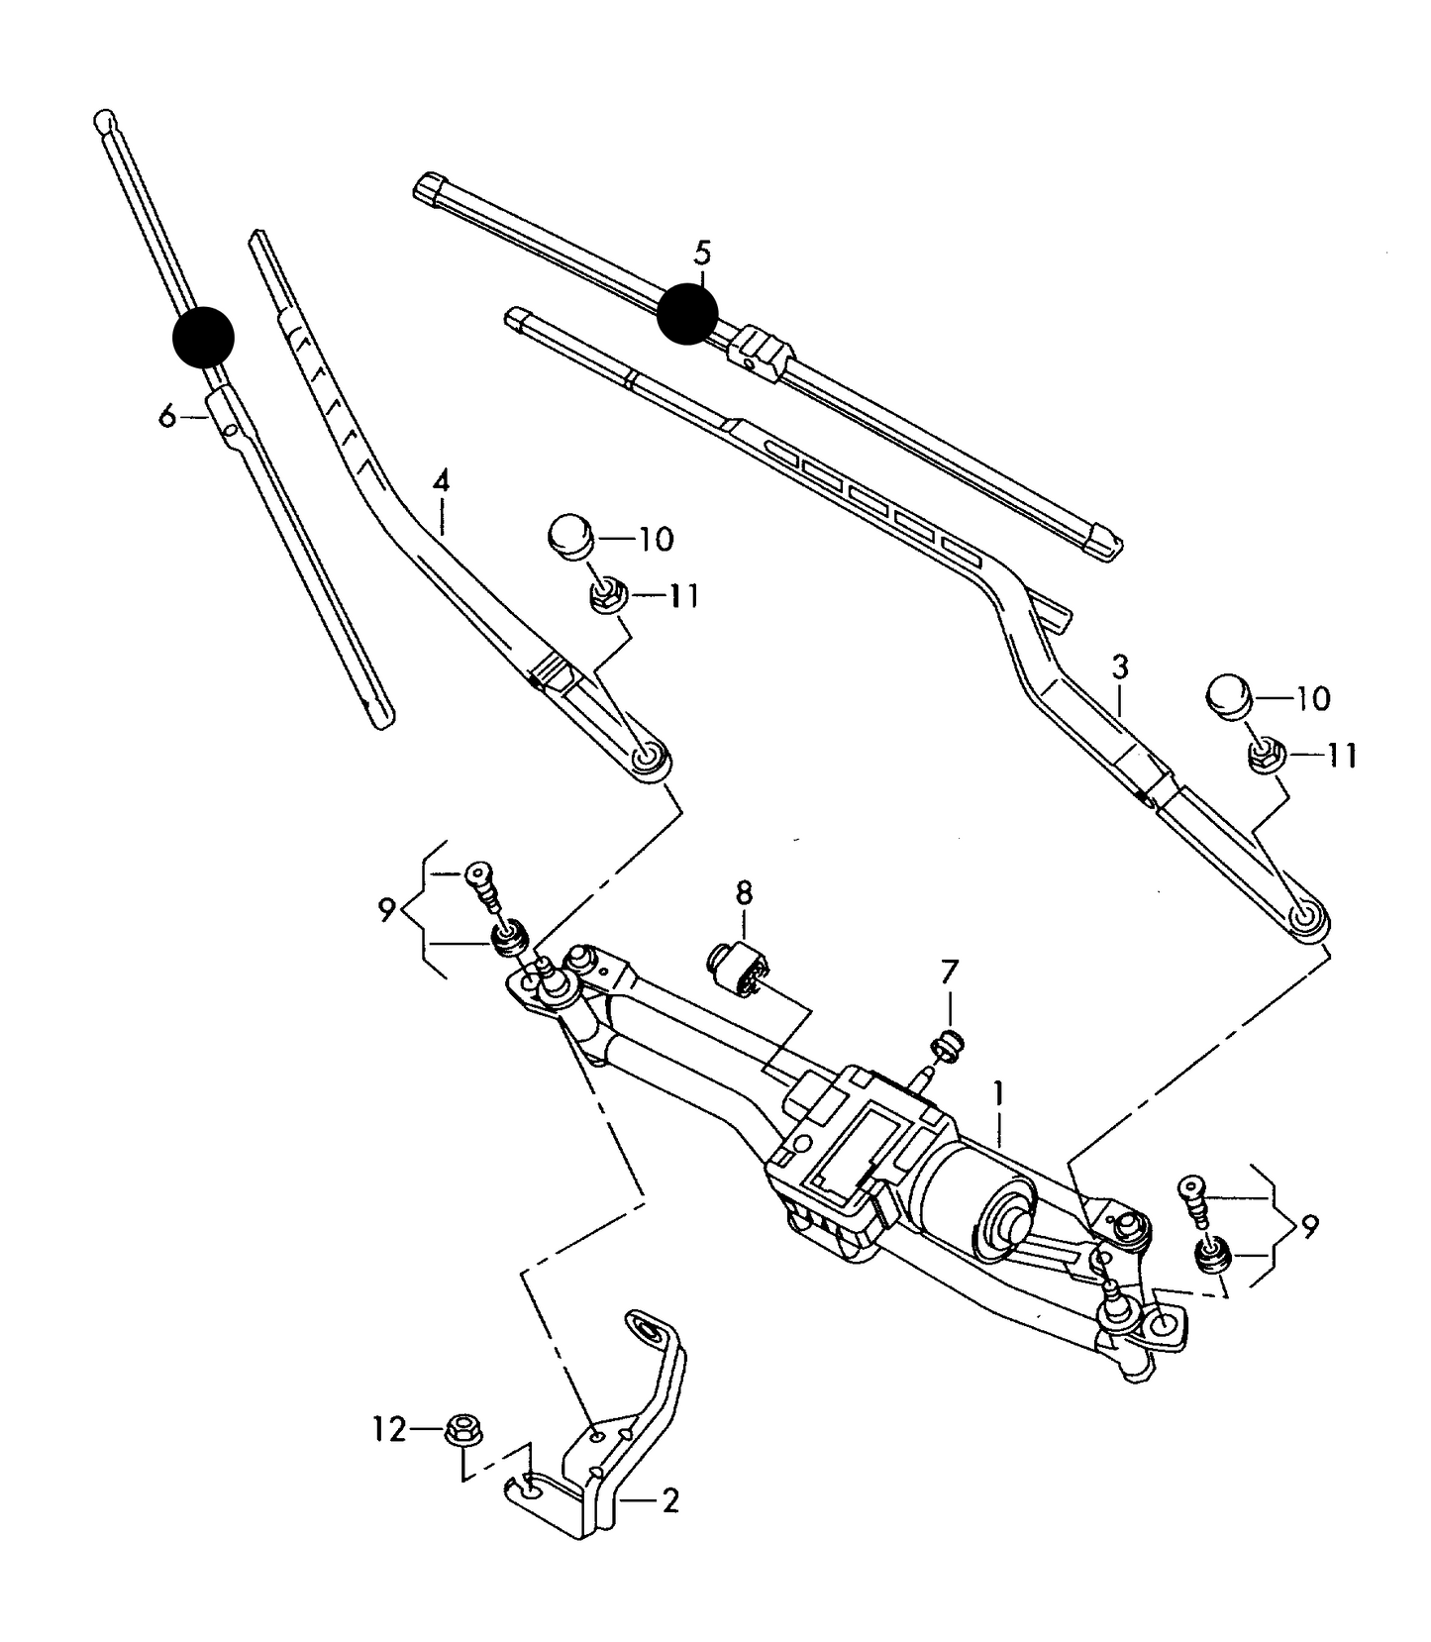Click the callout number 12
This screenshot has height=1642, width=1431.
pos(389,1429)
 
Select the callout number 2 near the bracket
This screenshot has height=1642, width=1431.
pos(669,1501)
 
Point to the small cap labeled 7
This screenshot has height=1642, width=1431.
pos(949,1044)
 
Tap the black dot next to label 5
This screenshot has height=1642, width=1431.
pos(686,314)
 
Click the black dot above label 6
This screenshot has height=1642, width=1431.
pos(203,337)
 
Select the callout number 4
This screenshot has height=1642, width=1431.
pos(441,482)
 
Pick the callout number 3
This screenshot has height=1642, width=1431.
pos(1119,667)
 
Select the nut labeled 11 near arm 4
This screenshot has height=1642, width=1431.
pos(604,596)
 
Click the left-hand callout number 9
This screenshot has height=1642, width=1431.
pos(386,909)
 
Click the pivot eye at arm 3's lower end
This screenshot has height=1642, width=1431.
pos(1307,919)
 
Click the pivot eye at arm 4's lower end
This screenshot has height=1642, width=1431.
pos(650,759)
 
